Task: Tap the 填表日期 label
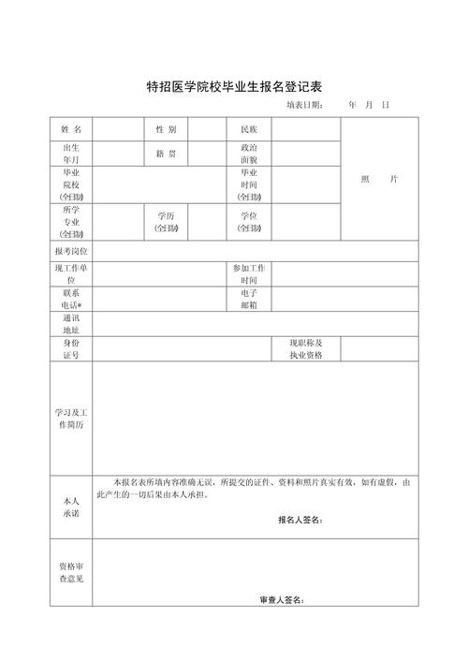305,105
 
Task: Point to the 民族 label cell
249,128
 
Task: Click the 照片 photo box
379,179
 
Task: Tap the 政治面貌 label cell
249,154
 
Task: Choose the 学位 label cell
249,222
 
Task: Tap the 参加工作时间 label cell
249,274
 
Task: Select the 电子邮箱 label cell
249,299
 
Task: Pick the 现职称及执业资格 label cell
305,349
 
